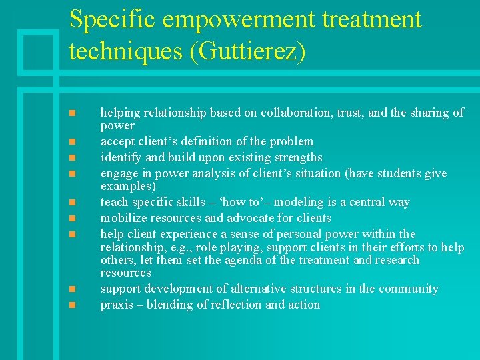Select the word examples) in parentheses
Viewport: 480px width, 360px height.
click(x=128, y=186)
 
